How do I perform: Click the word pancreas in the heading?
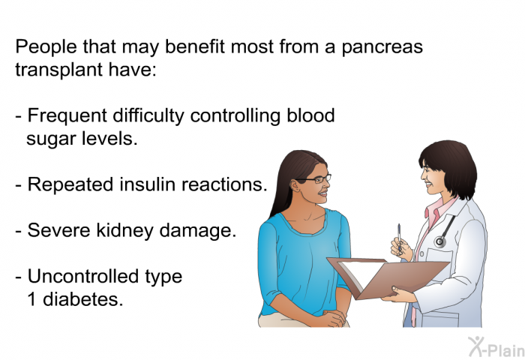382,47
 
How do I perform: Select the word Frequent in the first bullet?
67,116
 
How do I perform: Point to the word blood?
310,115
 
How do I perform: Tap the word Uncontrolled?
83,276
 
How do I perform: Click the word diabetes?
83,299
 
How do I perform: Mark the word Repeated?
70,185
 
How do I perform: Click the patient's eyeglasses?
316,179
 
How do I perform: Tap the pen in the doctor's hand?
399,238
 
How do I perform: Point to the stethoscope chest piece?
440,241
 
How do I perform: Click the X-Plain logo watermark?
496,347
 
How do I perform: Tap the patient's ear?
295,185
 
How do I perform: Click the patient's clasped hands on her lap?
333,317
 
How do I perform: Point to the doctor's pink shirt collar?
435,209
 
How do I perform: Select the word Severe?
59,231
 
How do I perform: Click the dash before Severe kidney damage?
19,232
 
